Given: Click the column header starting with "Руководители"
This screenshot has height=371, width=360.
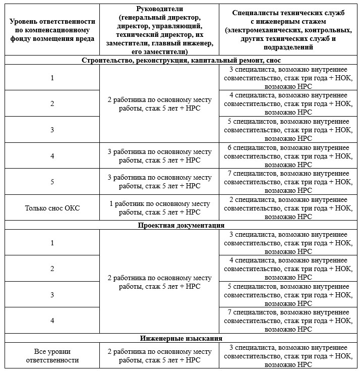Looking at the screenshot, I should [159, 30].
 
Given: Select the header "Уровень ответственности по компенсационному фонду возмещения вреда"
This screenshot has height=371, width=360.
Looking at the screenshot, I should [52, 30].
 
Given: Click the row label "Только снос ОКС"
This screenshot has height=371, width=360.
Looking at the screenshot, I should [52, 207].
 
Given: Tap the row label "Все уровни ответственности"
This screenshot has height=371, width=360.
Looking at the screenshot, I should [52, 356].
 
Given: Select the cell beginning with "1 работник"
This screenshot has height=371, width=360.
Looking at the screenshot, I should [159, 207].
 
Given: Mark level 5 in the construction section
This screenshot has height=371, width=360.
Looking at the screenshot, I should [52, 182].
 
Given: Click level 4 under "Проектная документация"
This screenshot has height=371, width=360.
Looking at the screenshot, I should [52, 321].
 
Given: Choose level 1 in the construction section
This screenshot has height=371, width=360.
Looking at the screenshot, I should [52, 78].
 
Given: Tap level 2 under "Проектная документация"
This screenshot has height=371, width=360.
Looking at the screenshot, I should [52, 269].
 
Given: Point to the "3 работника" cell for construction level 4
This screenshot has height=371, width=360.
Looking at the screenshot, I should [159, 155].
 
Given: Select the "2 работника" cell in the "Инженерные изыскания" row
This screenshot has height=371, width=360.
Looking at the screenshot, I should [159, 356].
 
